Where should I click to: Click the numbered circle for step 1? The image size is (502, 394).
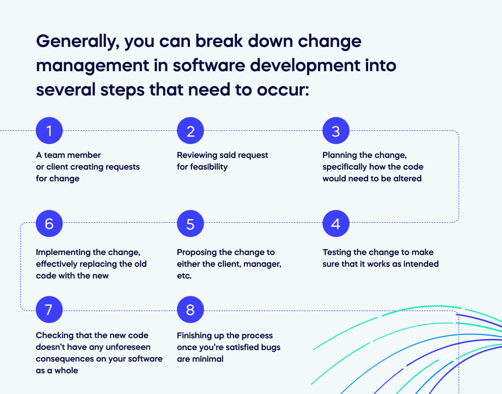(49, 131)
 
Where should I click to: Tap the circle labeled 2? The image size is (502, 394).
(190, 131)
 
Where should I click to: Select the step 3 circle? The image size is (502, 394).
(336, 131)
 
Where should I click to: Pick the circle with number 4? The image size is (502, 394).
(336, 224)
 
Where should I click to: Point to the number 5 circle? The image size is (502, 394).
(190, 224)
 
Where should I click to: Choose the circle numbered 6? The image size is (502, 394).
(49, 224)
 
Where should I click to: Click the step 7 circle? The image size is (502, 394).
(49, 310)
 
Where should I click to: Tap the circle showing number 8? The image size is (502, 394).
(190, 310)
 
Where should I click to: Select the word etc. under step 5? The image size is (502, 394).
(184, 276)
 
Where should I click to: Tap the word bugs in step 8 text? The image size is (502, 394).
(270, 347)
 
